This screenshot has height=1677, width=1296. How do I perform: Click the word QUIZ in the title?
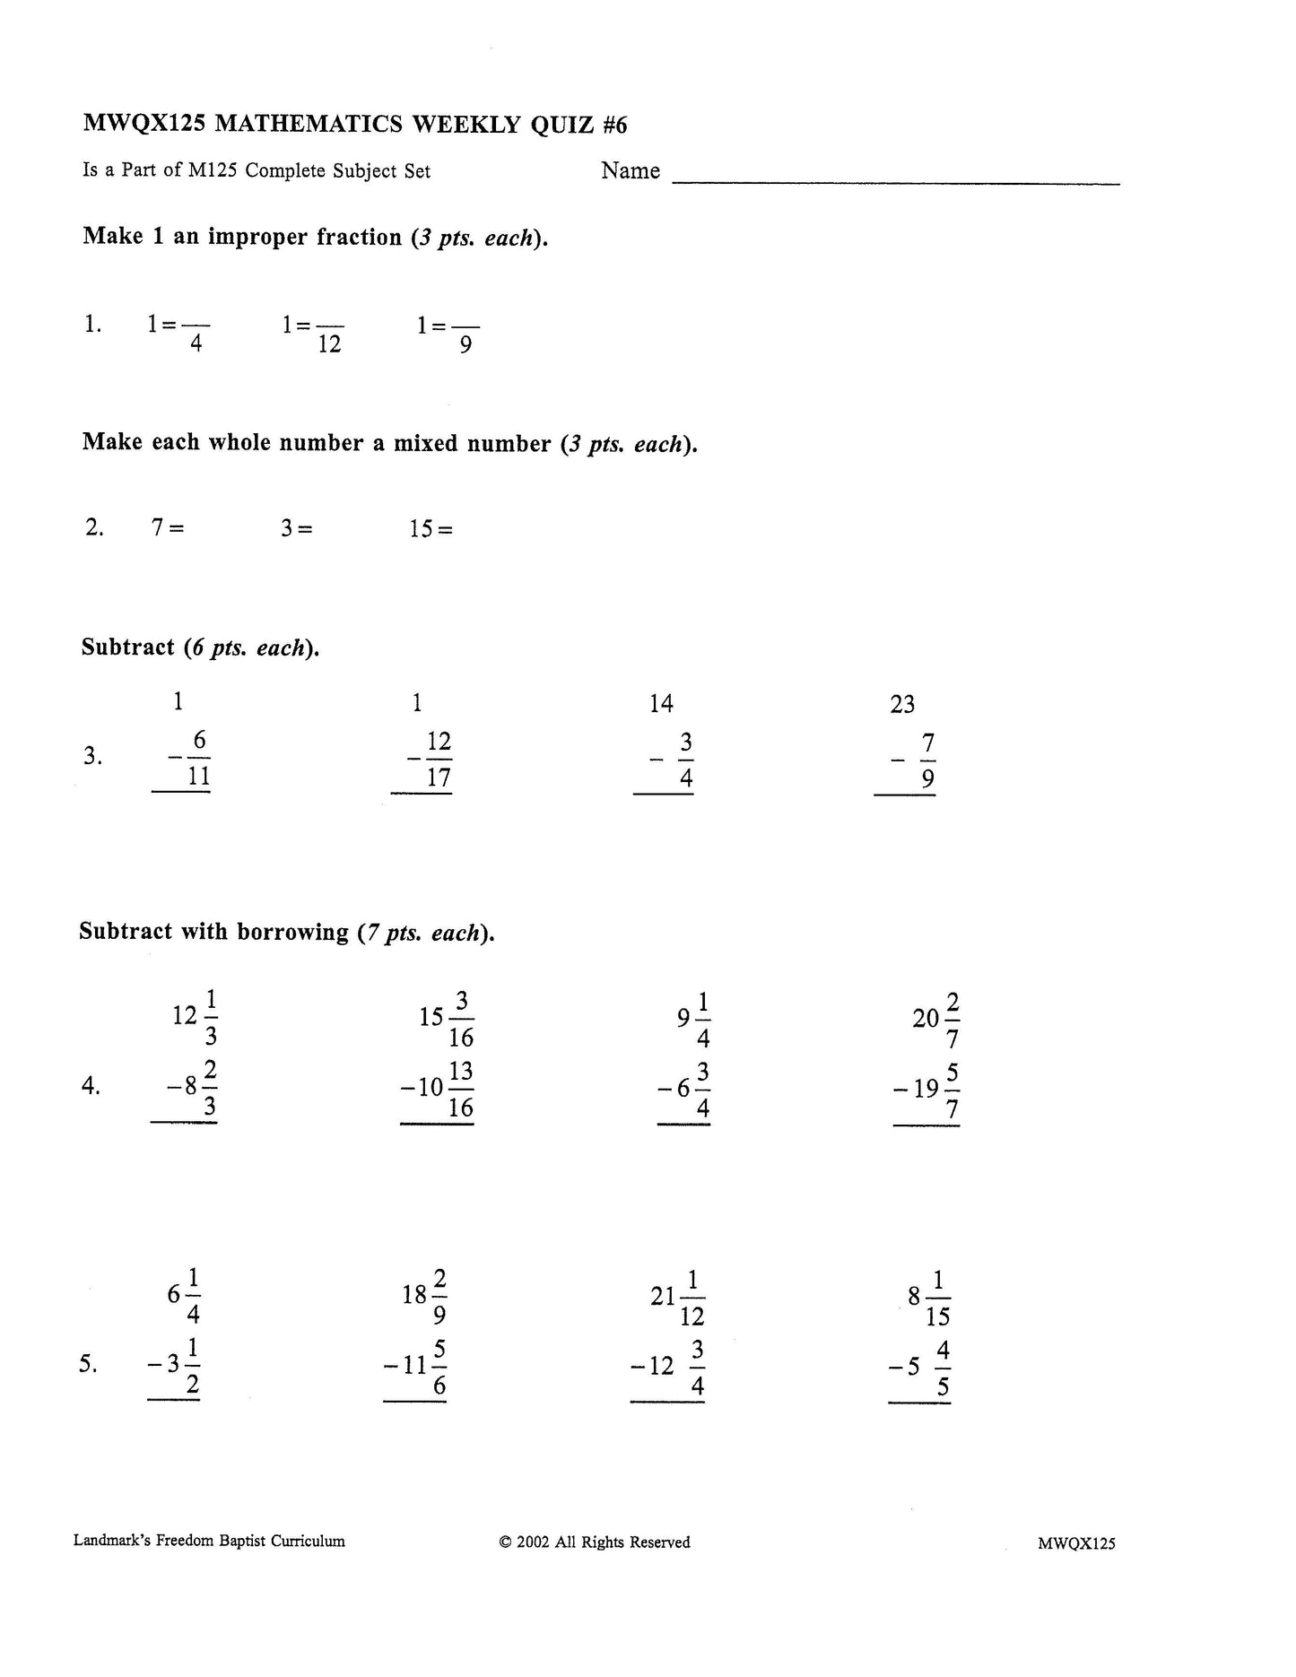coord(562,125)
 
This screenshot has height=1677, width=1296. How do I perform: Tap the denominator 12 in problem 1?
coord(329,344)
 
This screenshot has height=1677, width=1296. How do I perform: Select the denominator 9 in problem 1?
coord(465,345)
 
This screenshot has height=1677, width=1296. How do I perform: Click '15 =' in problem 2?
coord(431,529)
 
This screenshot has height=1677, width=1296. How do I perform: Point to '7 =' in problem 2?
coord(168,528)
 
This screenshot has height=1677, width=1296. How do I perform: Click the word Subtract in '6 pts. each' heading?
coord(127,647)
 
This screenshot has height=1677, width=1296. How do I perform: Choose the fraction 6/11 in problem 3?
coord(198,758)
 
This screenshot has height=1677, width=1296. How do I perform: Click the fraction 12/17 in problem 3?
coord(438,759)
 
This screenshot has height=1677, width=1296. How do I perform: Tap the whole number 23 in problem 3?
coord(902,705)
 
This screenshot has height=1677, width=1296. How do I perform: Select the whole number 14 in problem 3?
coord(661,704)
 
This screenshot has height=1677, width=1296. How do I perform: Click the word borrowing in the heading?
coord(292,932)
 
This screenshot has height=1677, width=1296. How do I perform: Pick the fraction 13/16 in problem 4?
coord(461,1089)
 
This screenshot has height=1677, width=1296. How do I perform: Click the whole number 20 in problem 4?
coord(926,1019)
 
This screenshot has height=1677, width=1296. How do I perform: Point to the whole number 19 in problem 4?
coord(926,1090)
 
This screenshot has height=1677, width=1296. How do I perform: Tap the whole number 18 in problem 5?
coord(414,1295)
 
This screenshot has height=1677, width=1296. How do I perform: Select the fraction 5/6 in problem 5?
coord(439,1368)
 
